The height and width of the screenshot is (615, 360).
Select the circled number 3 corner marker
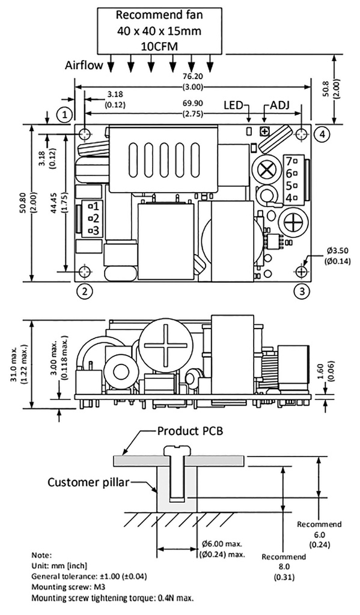click(x=302, y=291)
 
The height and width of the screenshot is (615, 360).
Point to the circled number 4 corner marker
click(x=323, y=134)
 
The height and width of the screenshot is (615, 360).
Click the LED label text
click(x=234, y=105)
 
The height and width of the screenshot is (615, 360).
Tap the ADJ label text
click(x=278, y=105)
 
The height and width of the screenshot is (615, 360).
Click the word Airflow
click(x=84, y=65)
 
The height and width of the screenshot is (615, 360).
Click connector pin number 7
click(x=289, y=161)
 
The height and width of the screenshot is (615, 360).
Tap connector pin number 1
click(x=94, y=205)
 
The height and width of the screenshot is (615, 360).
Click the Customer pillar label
click(x=87, y=482)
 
